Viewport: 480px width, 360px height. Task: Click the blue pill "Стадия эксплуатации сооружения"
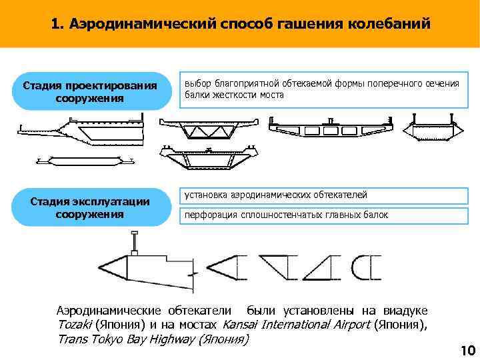pyautogui.click(x=90, y=207)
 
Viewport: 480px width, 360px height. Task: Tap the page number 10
pyautogui.click(x=467, y=351)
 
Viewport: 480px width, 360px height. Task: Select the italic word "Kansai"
pyautogui.click(x=240, y=325)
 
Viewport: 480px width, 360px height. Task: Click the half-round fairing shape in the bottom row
pyautogui.click(x=367, y=266)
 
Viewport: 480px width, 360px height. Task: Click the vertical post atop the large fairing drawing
pyautogui.click(x=135, y=240)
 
